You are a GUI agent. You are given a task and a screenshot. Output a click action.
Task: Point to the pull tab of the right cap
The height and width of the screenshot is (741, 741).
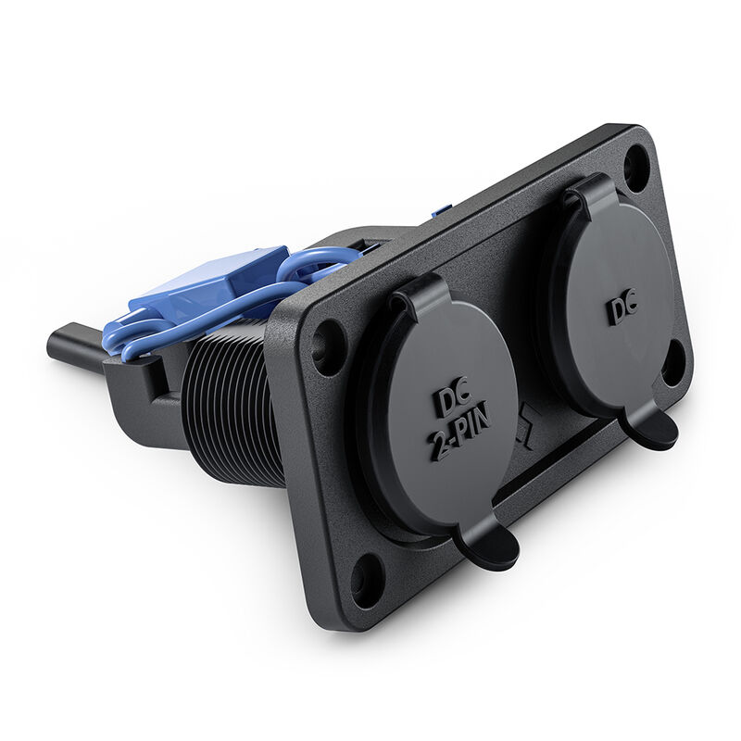[x=651, y=428]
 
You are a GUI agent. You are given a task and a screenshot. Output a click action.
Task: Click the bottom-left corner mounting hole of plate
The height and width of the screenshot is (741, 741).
[x=368, y=580]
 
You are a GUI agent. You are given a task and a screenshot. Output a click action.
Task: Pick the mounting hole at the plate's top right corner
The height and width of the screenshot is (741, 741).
[x=636, y=167]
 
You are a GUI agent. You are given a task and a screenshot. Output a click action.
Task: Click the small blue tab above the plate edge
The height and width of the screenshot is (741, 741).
[x=441, y=213]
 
